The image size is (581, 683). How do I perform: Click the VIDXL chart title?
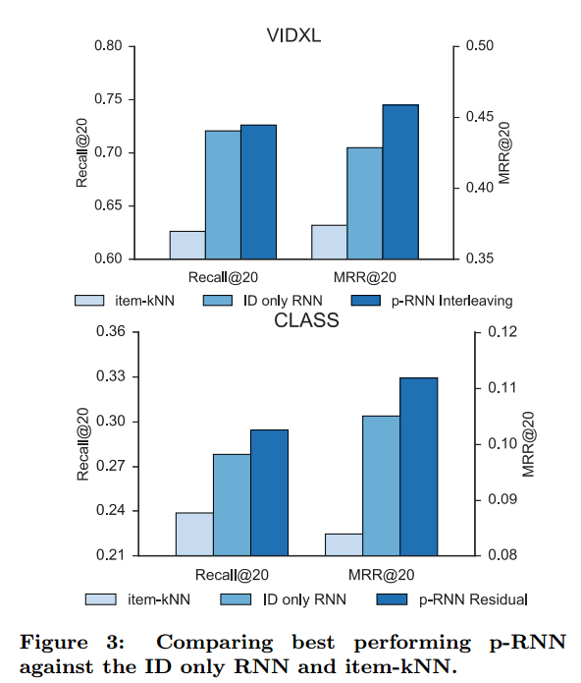click(x=294, y=35)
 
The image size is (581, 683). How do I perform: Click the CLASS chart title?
click(x=306, y=320)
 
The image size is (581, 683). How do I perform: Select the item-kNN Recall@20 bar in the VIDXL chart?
click(x=187, y=245)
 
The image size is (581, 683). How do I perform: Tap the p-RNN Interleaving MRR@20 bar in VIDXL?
click(x=400, y=182)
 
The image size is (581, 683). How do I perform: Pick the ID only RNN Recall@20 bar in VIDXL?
click(x=223, y=195)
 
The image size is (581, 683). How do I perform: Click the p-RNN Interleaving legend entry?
click(x=433, y=299)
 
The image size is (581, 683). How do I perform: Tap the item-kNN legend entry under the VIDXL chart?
click(x=125, y=299)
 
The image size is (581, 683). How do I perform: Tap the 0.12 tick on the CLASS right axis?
click(x=500, y=332)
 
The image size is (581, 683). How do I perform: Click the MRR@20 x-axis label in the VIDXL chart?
click(x=364, y=277)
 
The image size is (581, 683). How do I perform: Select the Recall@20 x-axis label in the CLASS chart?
click(x=232, y=574)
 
